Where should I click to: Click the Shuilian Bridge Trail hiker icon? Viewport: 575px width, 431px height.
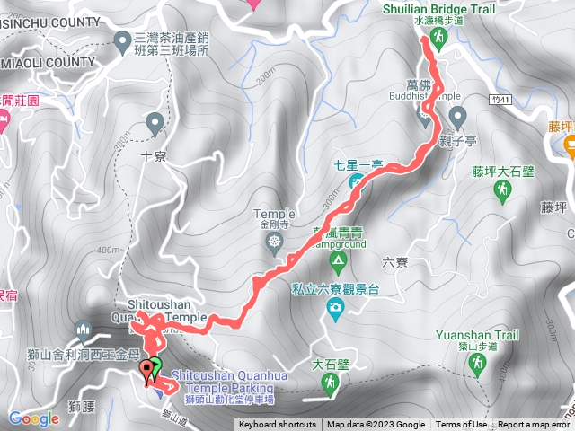[438, 38]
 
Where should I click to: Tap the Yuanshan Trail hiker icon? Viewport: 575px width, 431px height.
[476, 364]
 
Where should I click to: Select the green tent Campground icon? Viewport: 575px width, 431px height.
[338, 262]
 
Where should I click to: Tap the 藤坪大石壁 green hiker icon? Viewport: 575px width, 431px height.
[503, 189]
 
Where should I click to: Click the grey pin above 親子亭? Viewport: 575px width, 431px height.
[457, 116]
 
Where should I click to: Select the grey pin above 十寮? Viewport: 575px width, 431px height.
[155, 121]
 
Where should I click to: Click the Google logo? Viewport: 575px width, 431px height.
[33, 418]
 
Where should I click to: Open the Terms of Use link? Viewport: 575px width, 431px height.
[462, 425]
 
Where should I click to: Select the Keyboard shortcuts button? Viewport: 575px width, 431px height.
[277, 425]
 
